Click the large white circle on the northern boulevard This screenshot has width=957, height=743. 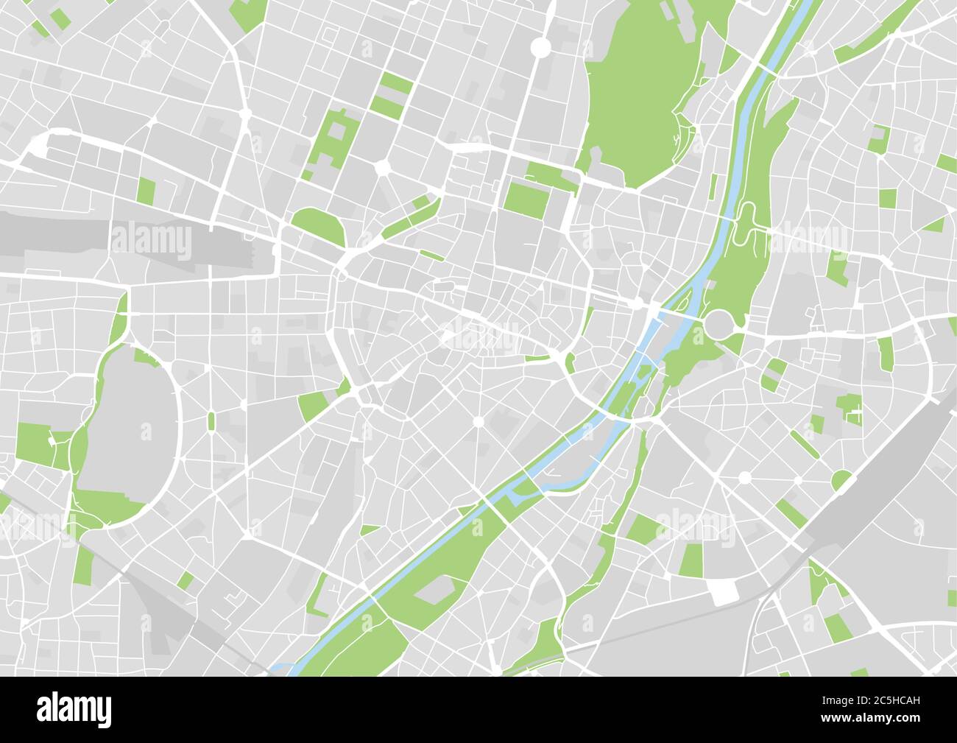click(541, 47)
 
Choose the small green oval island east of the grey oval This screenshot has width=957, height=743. click(211, 420)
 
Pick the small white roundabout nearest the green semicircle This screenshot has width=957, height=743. click(744, 478)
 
